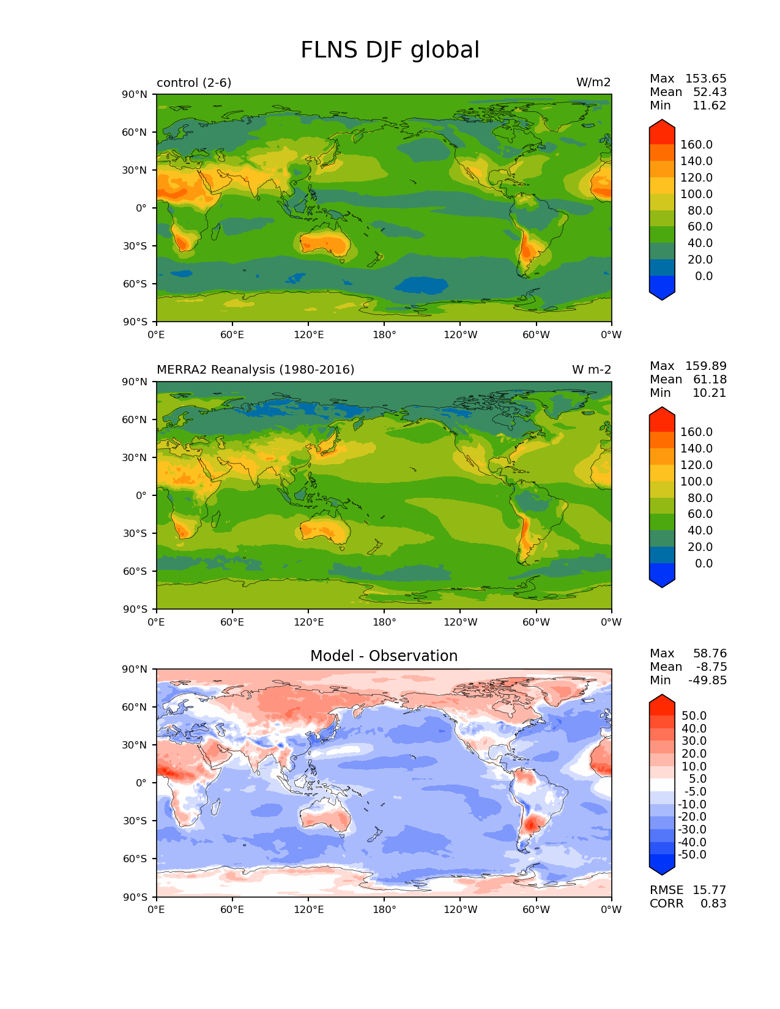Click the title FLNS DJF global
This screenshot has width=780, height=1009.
coord(390,50)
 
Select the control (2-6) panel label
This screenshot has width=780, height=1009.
coord(194,83)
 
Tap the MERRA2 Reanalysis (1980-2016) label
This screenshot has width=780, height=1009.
coord(255,370)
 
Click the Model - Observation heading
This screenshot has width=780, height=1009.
coord(384,656)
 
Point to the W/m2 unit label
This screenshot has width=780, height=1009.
coord(593,83)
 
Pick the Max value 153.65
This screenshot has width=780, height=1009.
coord(705,79)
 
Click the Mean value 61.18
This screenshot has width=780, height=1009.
coord(710,380)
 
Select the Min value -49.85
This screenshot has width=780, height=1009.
coord(707,681)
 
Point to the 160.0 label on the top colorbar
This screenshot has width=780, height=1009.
coord(696,145)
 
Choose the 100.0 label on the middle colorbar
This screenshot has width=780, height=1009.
coord(696,482)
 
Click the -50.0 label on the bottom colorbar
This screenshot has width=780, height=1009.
coord(692,855)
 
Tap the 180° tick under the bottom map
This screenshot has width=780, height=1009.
coord(384,910)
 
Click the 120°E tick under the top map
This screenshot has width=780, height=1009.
coord(308,335)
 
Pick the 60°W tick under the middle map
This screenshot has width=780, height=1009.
coord(536,623)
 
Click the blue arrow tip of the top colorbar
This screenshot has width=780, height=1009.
coord(662,295)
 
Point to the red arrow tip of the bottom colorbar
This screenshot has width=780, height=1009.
coord(662,700)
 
